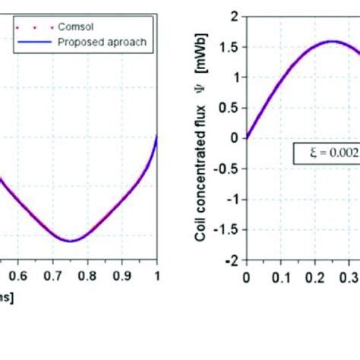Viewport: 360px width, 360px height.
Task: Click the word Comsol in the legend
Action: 75,27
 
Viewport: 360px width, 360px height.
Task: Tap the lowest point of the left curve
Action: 70,241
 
